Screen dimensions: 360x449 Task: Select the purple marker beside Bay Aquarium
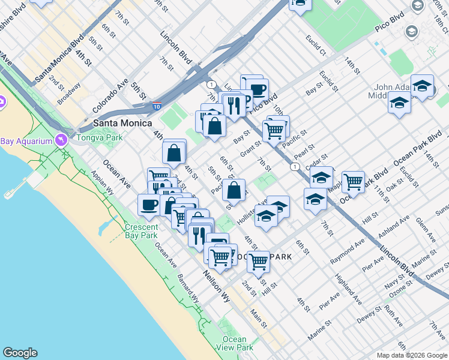(61, 140)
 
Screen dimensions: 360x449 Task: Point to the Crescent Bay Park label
(141, 231)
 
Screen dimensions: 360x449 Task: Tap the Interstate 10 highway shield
(156, 106)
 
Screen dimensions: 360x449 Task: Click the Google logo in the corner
(20, 353)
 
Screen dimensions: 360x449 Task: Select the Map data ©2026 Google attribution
(412, 355)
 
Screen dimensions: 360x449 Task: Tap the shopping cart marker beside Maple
(353, 181)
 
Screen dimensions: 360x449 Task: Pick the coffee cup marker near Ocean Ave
(149, 204)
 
